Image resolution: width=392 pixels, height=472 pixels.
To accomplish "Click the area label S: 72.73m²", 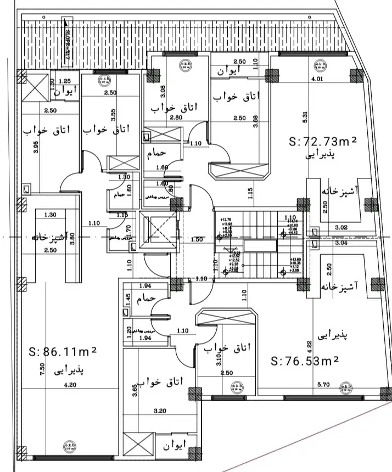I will point(323,142).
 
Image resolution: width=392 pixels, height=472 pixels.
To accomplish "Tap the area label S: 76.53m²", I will point(305,361).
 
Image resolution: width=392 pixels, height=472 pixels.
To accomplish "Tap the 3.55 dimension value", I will point(113,114).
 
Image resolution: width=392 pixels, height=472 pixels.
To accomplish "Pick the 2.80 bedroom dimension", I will point(160,117).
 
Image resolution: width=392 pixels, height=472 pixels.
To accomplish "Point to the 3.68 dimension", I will point(255,121).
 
